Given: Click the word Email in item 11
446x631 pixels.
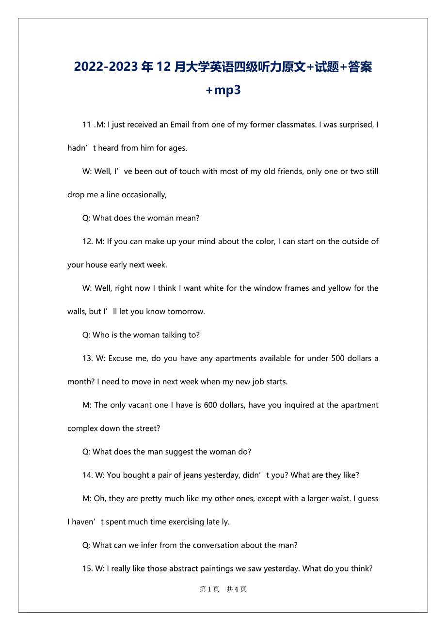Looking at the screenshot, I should (x=180, y=125).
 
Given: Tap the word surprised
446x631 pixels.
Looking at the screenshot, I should (x=354, y=125).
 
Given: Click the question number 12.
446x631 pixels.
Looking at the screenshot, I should (x=87, y=241).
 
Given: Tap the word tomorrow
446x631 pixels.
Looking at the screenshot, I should (x=186, y=312).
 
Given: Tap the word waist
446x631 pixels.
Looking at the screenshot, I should (x=338, y=499).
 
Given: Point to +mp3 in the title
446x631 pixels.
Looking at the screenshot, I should (x=223, y=90).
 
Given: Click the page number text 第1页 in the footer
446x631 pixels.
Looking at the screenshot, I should (x=209, y=589).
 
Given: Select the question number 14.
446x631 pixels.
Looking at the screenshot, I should (x=87, y=475).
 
